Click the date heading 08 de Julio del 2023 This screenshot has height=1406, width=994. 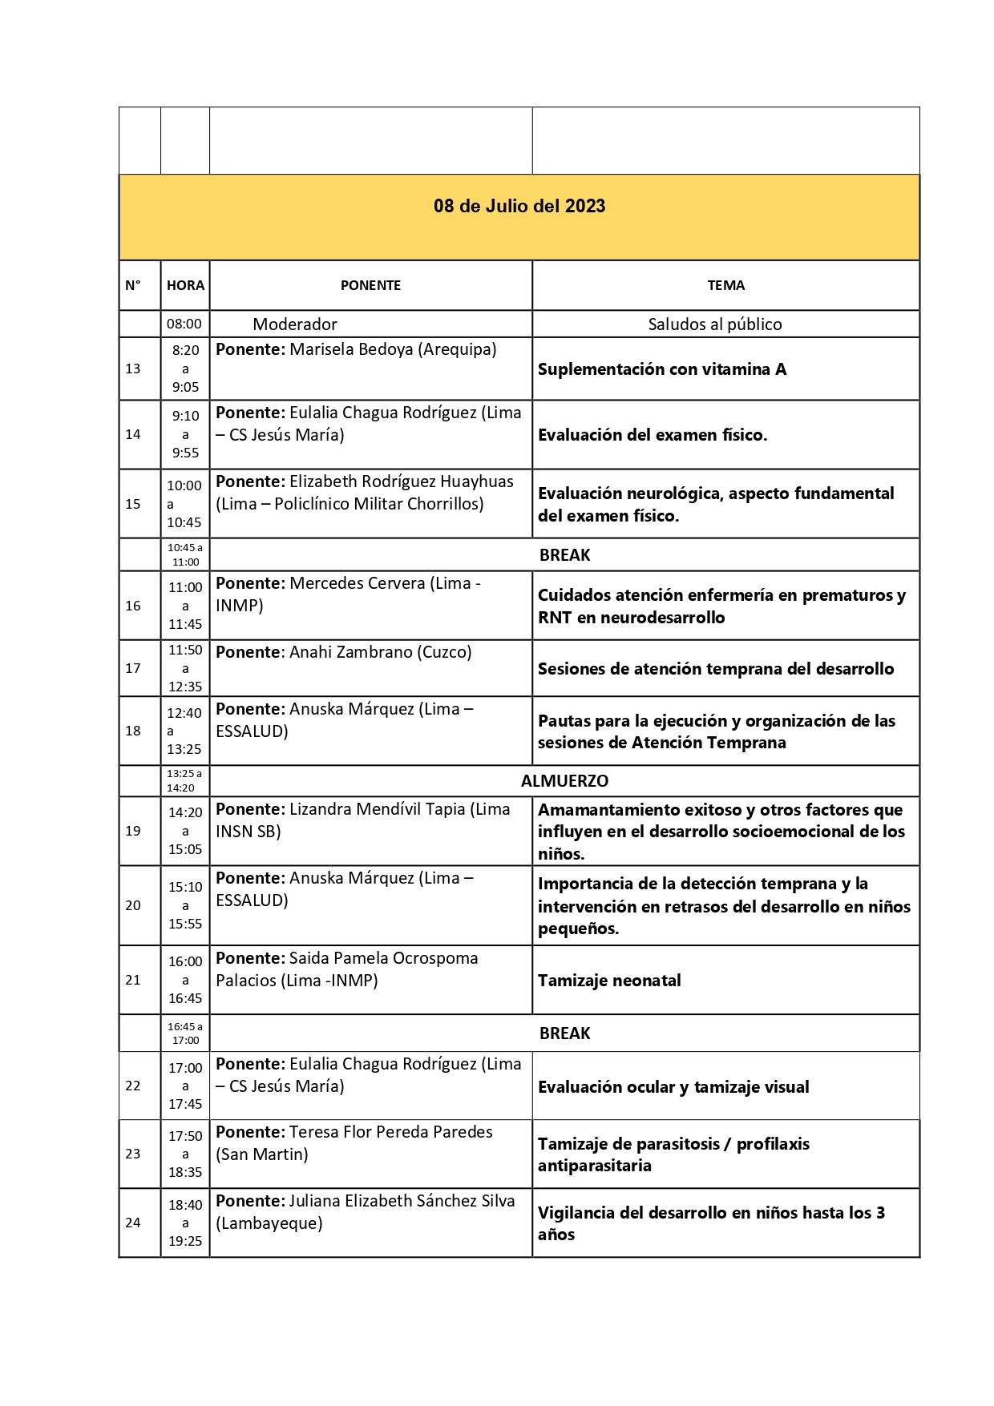pos(519,207)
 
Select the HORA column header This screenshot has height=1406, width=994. pos(185,285)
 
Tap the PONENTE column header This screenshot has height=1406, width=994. pos(370,285)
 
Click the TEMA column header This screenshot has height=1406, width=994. pos(725,285)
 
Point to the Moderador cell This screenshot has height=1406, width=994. pos(295,324)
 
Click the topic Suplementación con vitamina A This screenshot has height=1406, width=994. pos(662,369)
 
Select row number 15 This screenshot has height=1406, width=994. pos(133,504)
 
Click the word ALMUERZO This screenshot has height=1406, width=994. pos(564,781)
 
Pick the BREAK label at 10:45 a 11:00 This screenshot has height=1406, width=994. pos(564,555)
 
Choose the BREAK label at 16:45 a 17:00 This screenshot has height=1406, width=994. pos(564,1033)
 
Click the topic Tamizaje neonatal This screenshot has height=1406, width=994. pos(609,981)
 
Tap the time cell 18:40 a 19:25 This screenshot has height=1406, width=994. pos(185,1223)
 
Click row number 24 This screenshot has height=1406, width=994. pos(133,1223)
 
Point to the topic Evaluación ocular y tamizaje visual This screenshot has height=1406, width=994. pos(673,1087)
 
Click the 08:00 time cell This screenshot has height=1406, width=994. pos(184,324)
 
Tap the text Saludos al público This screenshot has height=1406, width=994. pos(715,324)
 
